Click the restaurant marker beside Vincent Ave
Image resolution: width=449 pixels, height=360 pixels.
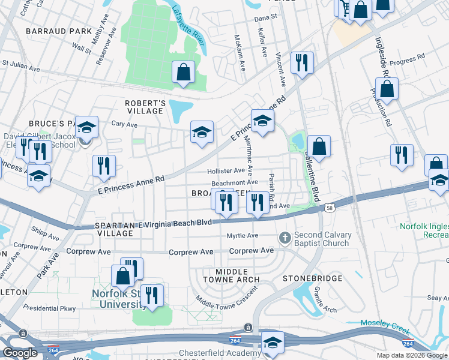click(302, 62)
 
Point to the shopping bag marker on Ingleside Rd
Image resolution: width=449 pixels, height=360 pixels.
click(388, 89)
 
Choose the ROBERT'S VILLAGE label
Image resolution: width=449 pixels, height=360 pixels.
click(145, 107)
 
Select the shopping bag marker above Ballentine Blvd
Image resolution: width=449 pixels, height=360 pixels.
click(319, 146)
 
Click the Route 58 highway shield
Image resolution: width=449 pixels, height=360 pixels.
click(330, 208)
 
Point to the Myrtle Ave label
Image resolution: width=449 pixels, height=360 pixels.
click(243, 236)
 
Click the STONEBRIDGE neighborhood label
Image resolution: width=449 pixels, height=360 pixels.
click(312, 278)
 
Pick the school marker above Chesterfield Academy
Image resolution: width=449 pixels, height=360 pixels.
click(273, 341)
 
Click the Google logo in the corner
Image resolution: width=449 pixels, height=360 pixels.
click(20, 353)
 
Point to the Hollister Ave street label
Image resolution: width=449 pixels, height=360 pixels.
click(226, 171)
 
